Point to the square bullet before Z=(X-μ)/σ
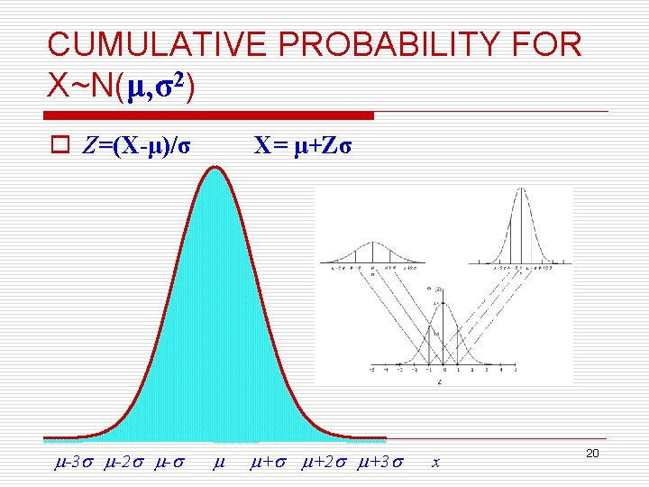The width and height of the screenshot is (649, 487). click(57, 146)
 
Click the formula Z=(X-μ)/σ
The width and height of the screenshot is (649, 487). click(135, 146)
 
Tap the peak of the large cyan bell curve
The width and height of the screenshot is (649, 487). click(215, 169)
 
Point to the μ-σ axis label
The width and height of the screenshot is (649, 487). click(169, 464)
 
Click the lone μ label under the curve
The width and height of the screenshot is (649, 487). click(217, 464)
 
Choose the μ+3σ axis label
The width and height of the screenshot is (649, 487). click(379, 464)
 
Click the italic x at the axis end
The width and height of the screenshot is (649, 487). click(435, 464)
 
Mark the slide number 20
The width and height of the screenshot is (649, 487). click(592, 453)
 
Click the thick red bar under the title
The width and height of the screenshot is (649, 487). click(210, 115)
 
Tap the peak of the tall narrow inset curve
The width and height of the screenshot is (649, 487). click(521, 189)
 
